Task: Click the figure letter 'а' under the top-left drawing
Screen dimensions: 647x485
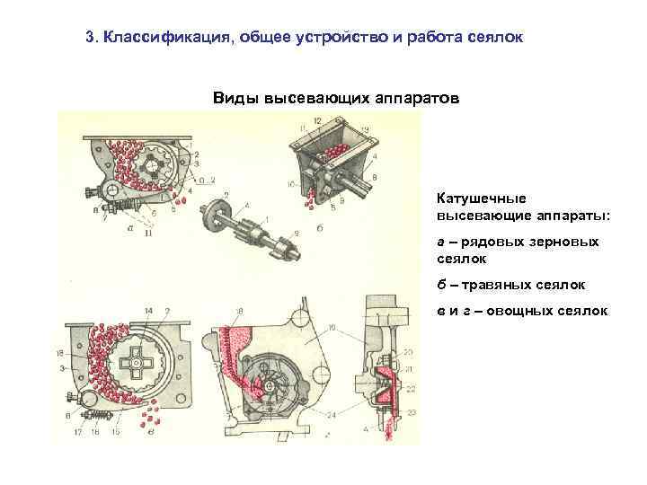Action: coord(130,228)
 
